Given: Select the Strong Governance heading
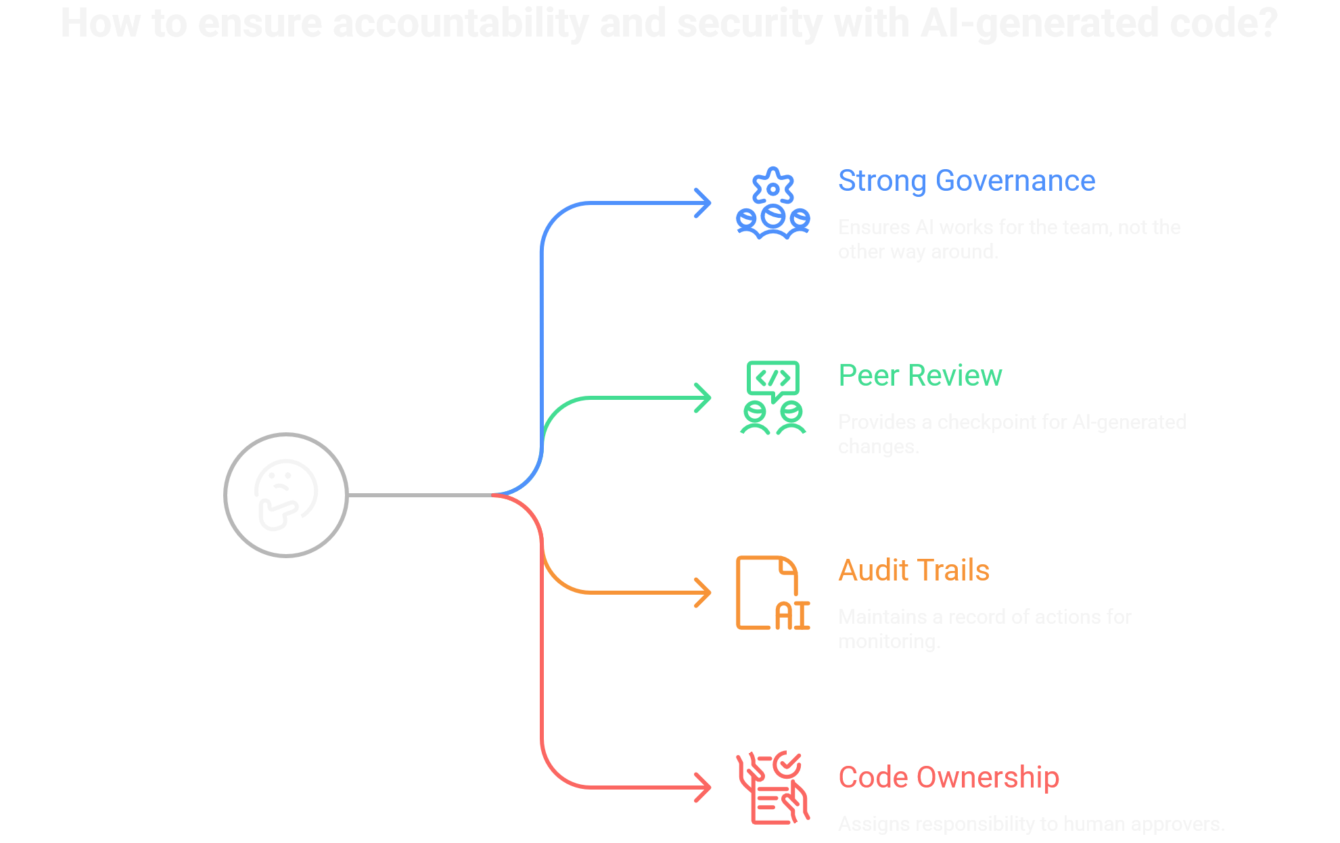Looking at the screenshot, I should pos(966,181).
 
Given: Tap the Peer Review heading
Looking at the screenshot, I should pos(919,375).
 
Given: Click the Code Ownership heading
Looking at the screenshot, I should pos(948,777).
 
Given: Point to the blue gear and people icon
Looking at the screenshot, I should pos(772,203).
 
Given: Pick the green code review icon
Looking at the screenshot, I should pos(772,398).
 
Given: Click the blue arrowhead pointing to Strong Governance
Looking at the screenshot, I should pos(703,203).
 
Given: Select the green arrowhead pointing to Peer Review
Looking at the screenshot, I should pos(703,398).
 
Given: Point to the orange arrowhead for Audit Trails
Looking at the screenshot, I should pos(703,593).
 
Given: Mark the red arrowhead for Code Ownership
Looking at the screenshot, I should pos(703,788).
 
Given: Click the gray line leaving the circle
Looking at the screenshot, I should pos(419,495).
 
